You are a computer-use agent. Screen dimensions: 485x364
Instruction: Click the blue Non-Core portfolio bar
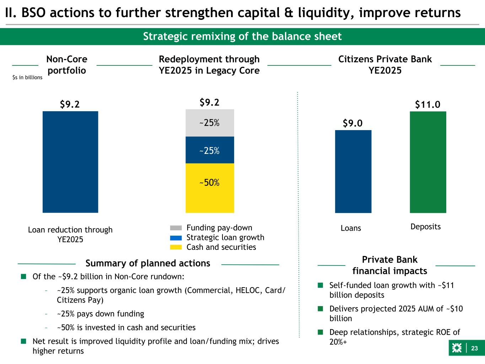[70, 162]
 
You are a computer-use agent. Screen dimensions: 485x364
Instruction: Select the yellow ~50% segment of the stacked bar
[210, 188]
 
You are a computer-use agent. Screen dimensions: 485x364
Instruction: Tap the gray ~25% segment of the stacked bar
[210, 123]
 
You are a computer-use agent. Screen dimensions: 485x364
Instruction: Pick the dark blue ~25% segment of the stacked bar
[210, 150]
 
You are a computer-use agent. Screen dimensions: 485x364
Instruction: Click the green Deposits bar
[428, 162]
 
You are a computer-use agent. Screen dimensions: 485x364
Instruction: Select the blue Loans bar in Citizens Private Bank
[353, 171]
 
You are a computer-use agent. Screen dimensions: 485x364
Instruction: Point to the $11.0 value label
[427, 104]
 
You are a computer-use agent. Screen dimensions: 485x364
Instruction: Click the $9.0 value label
[353, 123]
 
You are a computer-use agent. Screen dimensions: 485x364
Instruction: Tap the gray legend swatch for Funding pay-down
[176, 228]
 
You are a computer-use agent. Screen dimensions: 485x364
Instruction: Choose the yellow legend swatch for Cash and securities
[176, 247]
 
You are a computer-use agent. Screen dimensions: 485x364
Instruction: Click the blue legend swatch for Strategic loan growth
[176, 238]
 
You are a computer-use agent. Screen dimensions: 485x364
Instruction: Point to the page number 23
[474, 348]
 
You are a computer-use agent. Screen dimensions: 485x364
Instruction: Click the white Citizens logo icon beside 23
[457, 348]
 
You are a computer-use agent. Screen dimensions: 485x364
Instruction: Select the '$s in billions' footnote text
[27, 77]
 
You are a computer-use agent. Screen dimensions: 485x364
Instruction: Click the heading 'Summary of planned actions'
[148, 263]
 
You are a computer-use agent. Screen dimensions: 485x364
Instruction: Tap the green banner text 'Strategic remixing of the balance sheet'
[242, 36]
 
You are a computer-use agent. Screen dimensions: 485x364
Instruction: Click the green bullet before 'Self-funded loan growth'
[320, 285]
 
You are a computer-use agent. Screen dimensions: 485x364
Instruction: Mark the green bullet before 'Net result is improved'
[24, 341]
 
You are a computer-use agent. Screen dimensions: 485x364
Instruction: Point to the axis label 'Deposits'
[426, 227]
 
